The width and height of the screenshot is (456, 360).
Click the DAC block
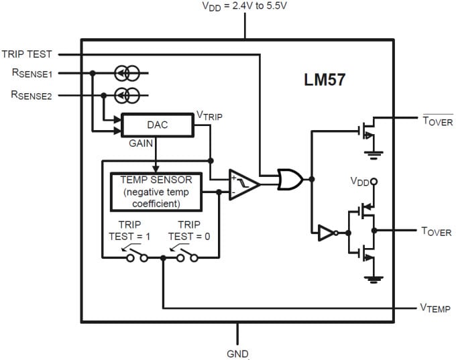[x=157, y=125]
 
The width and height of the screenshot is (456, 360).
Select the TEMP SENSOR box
[x=156, y=191]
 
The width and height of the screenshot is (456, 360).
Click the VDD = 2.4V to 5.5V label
[x=246, y=7]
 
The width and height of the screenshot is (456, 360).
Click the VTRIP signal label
[x=209, y=116]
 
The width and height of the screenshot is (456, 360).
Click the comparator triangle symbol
[x=243, y=184]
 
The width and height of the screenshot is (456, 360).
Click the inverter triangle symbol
[x=326, y=233]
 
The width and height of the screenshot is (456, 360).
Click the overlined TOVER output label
[x=437, y=121]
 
